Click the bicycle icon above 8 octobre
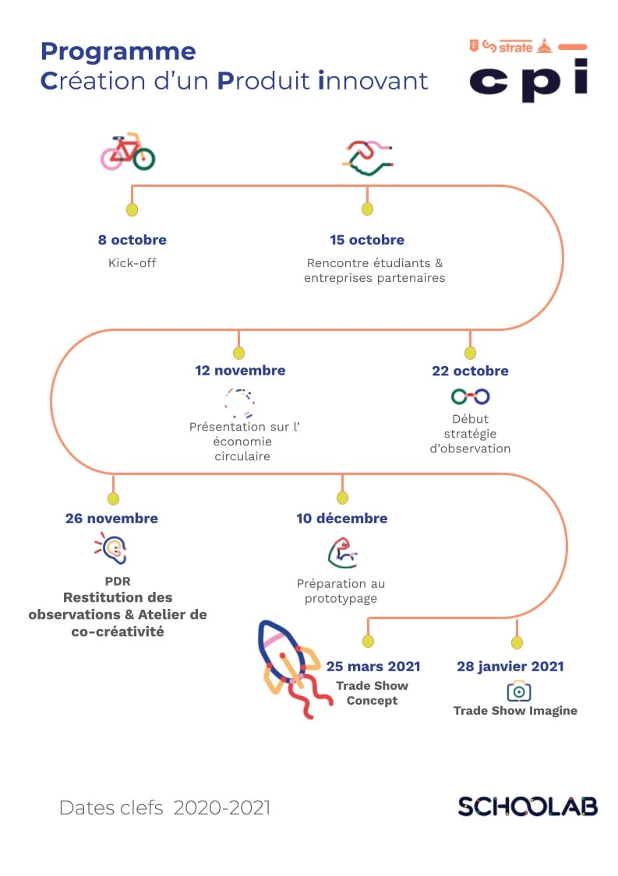pos(128,151)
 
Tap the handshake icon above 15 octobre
pos(367,157)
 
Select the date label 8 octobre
pos(132,240)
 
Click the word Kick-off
pos(132,262)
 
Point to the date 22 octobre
pos(470,371)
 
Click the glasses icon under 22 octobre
pos(471,396)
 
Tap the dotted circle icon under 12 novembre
pos(240,403)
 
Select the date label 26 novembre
pos(112,519)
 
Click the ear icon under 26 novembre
pos(111,548)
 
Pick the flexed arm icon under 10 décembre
pos(342,553)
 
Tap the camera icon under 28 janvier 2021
pos(519,691)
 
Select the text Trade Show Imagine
pos(515,711)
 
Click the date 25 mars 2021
pos(373,667)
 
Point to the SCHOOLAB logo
pos(528,807)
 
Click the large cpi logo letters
pos(528,80)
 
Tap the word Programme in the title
pos(118,52)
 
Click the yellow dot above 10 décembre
pos(342,498)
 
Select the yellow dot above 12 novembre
pos(238,353)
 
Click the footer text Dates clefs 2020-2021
pos(164,807)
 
